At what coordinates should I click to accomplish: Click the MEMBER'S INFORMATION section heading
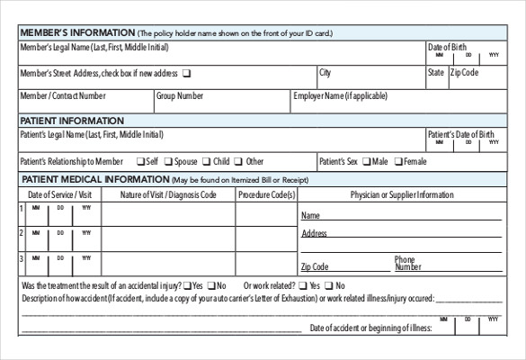pos(76,33)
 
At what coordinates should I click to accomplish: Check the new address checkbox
pos(186,73)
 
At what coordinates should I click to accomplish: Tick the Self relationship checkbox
pos(140,162)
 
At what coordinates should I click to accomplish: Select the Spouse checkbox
pos(167,162)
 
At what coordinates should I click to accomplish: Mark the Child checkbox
pos(207,162)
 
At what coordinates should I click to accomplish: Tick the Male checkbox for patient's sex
pos(367,162)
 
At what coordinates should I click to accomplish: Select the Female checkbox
pos(399,162)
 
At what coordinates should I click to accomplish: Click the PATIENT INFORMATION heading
pos(72,120)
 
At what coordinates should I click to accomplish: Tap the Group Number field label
pos(180,95)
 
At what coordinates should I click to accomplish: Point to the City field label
pos(325,72)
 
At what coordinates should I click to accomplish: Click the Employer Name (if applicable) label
pos(339,95)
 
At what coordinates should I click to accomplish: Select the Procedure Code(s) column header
pos(267,194)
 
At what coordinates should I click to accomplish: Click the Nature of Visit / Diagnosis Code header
pos(168,194)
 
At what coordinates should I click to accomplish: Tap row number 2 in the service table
pos(21,234)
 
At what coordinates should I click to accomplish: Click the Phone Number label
pos(406,263)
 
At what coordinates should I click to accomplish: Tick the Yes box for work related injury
pos(302,286)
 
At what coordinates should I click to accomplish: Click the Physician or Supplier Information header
pos(402,194)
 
